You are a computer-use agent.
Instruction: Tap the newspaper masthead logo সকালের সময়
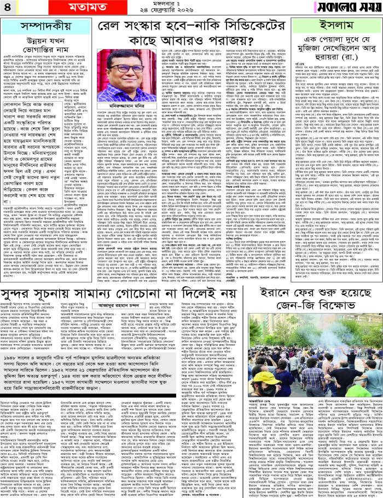346,8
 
